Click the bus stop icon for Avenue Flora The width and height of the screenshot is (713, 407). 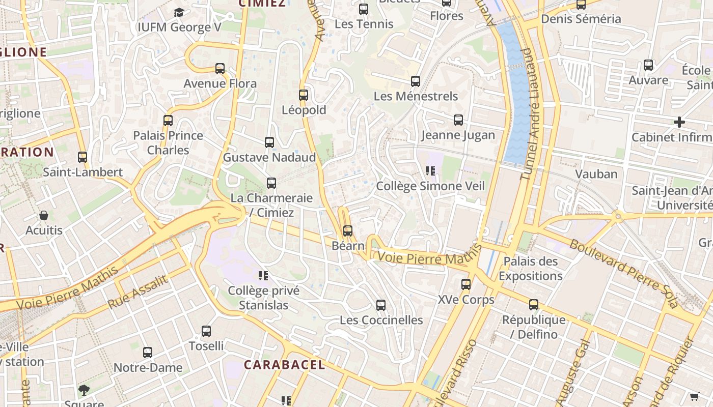(x=220, y=68)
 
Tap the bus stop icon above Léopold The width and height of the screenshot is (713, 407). (x=304, y=95)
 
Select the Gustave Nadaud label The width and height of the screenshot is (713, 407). (x=269, y=158)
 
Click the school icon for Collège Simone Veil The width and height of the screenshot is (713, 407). (x=430, y=171)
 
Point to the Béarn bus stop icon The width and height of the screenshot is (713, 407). (x=348, y=231)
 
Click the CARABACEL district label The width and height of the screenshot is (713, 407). (x=284, y=365)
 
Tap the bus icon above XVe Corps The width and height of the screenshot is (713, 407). (x=466, y=284)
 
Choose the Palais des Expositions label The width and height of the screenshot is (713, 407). (x=531, y=269)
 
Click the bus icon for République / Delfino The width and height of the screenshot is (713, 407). (x=534, y=305)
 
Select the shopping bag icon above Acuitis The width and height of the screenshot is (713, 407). (x=44, y=215)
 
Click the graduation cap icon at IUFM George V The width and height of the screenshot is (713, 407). (x=179, y=12)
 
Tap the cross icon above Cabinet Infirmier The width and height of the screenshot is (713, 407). (x=679, y=122)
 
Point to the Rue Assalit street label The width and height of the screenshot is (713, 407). (x=138, y=292)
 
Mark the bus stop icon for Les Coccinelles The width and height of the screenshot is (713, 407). (x=381, y=305)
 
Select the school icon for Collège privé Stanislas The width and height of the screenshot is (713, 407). (x=263, y=276)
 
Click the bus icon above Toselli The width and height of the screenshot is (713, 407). (x=206, y=331)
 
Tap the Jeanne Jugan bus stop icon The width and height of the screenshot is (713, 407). (x=458, y=120)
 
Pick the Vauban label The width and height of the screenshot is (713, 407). (x=596, y=174)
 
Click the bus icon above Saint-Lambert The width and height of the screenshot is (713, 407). (x=83, y=157)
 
